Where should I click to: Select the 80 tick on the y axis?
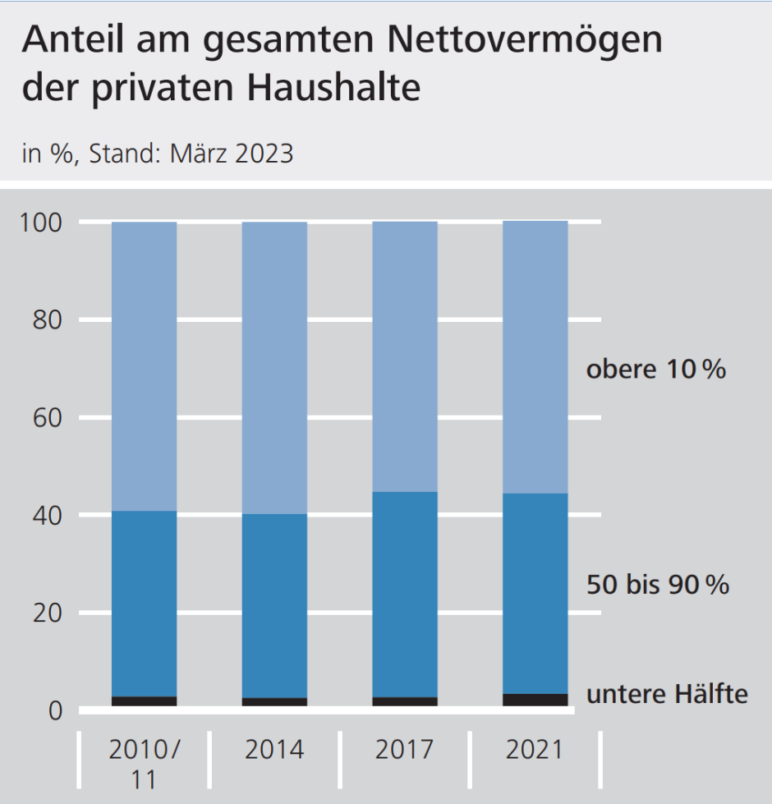[x=52, y=320]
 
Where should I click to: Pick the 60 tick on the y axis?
[x=52, y=418]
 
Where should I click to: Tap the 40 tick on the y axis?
[x=52, y=516]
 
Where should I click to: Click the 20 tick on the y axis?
[x=52, y=613]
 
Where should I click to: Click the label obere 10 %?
[x=655, y=370]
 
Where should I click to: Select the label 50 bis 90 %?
[x=657, y=586]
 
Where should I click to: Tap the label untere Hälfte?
[x=667, y=695]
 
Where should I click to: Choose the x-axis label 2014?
[x=274, y=750]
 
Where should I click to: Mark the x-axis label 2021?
[x=535, y=750]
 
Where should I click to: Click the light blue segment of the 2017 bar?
[x=405, y=357]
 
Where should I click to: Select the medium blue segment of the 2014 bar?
[x=274, y=606]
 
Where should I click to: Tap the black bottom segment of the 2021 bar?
[x=535, y=700]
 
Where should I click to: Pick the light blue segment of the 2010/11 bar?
[x=145, y=366]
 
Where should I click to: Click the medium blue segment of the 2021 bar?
[x=535, y=593]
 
